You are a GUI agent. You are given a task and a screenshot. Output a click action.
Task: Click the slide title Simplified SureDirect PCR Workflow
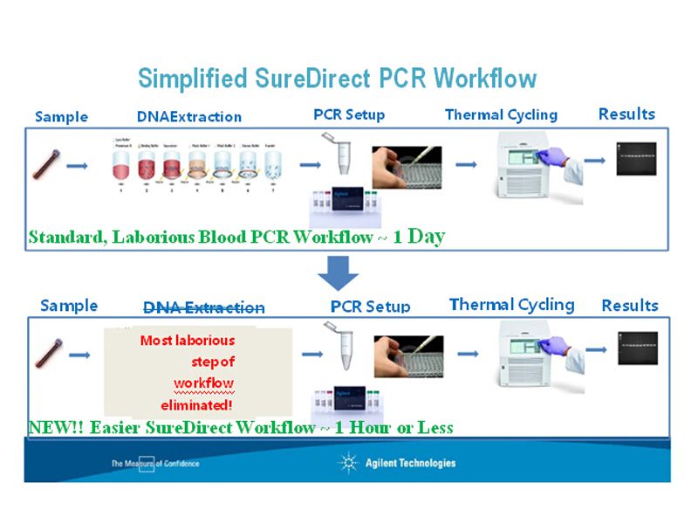pyautogui.click(x=337, y=79)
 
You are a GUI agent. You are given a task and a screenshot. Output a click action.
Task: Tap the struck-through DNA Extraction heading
pyautogui.click(x=203, y=307)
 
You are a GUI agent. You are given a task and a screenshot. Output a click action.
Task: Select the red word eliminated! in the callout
pyautogui.click(x=196, y=405)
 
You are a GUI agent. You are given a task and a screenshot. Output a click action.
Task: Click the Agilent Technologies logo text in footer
pyautogui.click(x=409, y=463)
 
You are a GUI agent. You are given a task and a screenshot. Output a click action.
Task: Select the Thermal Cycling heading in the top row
pyautogui.click(x=501, y=114)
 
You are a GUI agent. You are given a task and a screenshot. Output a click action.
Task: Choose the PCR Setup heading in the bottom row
pyautogui.click(x=370, y=307)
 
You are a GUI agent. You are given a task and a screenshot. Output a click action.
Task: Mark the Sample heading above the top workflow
pyautogui.click(x=61, y=116)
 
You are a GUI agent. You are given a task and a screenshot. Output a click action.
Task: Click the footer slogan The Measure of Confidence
pyautogui.click(x=154, y=463)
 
